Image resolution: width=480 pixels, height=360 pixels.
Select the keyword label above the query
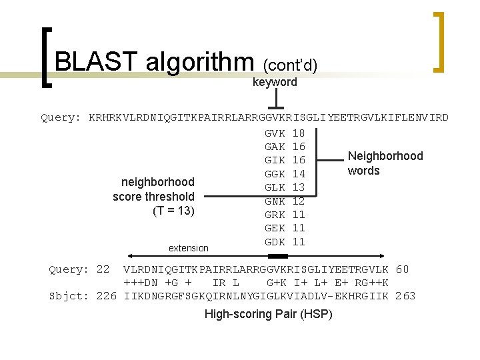click(275, 82)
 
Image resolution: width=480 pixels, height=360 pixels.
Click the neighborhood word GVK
click(275, 133)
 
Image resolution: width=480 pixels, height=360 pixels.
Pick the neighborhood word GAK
click(275, 147)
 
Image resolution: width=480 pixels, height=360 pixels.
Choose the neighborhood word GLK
click(275, 187)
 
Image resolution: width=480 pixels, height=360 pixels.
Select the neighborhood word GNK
click(275, 201)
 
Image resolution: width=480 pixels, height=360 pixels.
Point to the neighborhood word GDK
click(275, 242)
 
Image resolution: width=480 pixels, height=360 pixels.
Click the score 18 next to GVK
click(299, 133)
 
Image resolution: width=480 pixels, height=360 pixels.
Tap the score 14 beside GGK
click(299, 174)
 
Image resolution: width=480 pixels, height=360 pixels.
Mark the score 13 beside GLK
click(299, 187)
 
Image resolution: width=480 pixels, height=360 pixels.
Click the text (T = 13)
click(173, 211)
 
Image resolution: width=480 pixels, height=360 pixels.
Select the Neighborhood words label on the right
click(385, 163)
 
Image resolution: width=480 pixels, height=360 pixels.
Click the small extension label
click(188, 248)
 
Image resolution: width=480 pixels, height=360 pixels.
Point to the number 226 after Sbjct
click(107, 296)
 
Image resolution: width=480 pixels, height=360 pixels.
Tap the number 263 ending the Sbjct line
click(405, 296)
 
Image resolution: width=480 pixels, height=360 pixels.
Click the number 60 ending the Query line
click(402, 270)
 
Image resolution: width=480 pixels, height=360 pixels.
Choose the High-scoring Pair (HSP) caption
click(268, 314)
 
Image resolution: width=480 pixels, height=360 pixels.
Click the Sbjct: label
click(69, 296)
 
